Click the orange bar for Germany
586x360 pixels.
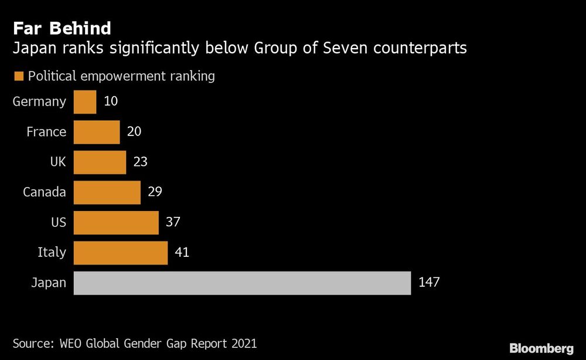(85, 101)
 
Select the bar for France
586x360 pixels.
(97, 132)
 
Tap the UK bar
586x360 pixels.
(100, 162)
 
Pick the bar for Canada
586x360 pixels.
(107, 192)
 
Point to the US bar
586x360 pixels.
(116, 222)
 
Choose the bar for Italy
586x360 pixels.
(121, 253)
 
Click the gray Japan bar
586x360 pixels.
(242, 283)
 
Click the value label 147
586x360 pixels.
(429, 283)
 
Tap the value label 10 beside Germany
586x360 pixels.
(111, 101)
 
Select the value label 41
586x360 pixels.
(182, 253)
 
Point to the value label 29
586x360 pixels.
(155, 192)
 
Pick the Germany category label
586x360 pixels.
(39, 101)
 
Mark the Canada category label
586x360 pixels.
(45, 192)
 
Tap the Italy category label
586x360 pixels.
(53, 253)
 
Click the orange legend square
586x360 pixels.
(18, 76)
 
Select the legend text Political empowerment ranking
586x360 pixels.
(121, 76)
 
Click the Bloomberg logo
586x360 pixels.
(541, 348)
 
